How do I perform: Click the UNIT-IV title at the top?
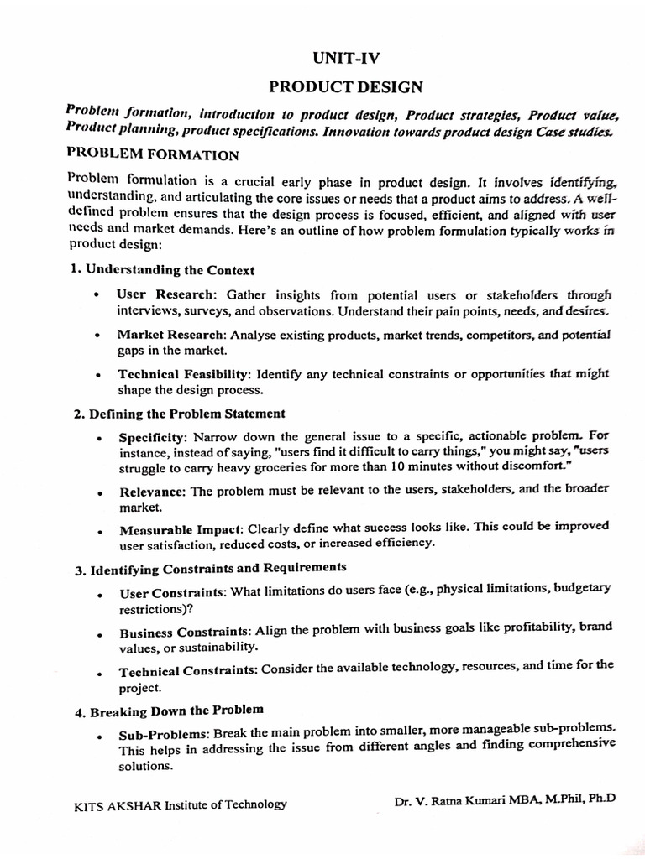[x=344, y=58]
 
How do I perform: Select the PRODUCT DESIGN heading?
[x=345, y=87]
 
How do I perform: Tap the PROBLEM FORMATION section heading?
[x=152, y=155]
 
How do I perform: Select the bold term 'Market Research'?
[x=171, y=335]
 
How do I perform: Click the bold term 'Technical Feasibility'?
[x=184, y=374]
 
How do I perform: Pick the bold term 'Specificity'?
[x=155, y=438]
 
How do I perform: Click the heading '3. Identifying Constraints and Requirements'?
[x=206, y=570]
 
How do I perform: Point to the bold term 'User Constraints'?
[x=172, y=594]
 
